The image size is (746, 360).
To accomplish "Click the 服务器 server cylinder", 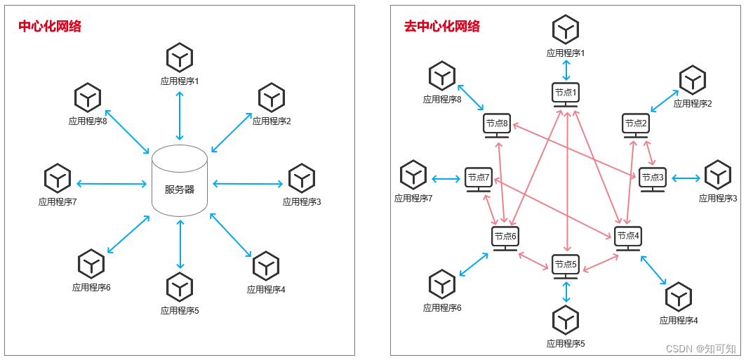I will click(x=180, y=181).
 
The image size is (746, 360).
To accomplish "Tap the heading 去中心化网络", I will click(x=442, y=27).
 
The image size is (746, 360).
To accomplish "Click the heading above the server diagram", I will click(x=50, y=27).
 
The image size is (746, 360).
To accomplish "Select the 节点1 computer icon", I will click(x=565, y=94).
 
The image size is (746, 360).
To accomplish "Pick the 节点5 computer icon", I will click(x=566, y=266).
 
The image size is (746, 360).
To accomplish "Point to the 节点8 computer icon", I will click(x=496, y=125).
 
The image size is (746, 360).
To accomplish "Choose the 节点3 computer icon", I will click(x=651, y=179).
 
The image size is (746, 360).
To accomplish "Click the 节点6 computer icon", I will click(x=505, y=238).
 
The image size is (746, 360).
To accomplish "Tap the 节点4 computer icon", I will click(x=627, y=237).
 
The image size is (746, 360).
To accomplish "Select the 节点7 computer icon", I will click(x=478, y=179).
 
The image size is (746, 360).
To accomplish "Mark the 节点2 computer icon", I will click(x=635, y=125).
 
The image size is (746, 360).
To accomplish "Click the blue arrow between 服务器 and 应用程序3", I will click(x=248, y=185).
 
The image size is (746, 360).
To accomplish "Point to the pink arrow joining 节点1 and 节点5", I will click(x=566, y=182).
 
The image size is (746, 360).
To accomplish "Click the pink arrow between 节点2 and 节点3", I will click(x=648, y=152).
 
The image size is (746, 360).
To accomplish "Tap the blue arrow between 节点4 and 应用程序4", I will click(x=653, y=270).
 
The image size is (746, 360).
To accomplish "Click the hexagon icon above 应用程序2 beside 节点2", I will click(x=692, y=80).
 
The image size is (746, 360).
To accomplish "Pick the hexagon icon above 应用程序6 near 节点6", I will click(x=442, y=284).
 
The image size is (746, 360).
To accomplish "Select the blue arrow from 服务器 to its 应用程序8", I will click(x=126, y=131).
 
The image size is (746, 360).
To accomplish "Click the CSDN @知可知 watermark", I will click(x=700, y=348).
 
